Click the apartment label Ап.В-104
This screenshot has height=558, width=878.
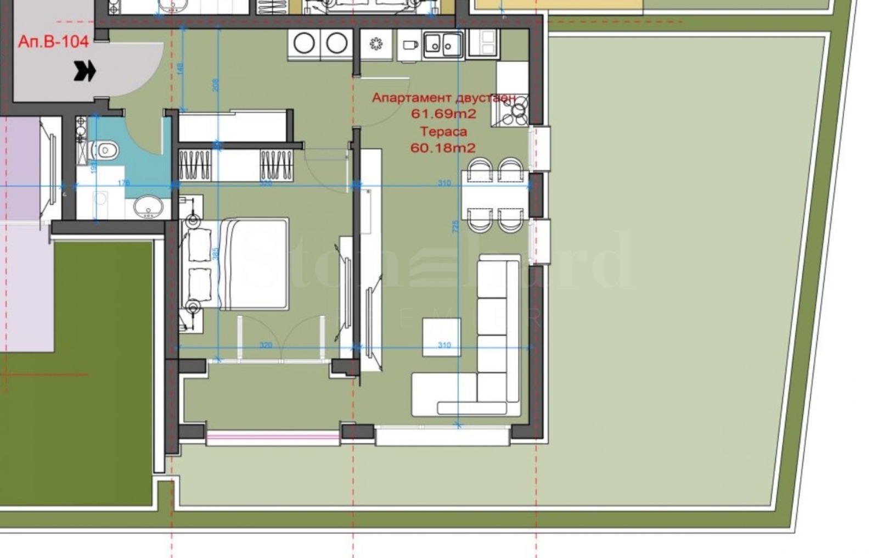point(53,42)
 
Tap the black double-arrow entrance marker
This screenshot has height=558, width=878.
point(85,71)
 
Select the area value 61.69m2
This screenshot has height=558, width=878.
point(443,114)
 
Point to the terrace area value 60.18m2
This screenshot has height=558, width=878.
point(443,148)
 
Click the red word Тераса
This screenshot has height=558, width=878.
point(443,131)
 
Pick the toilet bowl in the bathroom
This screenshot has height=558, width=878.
point(105,149)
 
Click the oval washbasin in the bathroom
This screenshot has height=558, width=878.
point(148,207)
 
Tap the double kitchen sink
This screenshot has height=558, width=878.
point(443,43)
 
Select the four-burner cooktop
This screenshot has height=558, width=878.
point(513,110)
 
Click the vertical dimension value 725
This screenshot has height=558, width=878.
point(455,226)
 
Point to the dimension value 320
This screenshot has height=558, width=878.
point(266,345)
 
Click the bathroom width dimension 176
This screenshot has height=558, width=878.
point(123,183)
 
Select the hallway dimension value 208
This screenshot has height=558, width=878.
point(216,85)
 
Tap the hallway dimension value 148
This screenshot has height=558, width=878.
point(181,69)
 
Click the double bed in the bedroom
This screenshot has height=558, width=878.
point(254,264)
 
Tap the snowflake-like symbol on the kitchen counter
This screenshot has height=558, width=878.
point(376,44)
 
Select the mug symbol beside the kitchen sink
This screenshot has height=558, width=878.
point(409,45)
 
